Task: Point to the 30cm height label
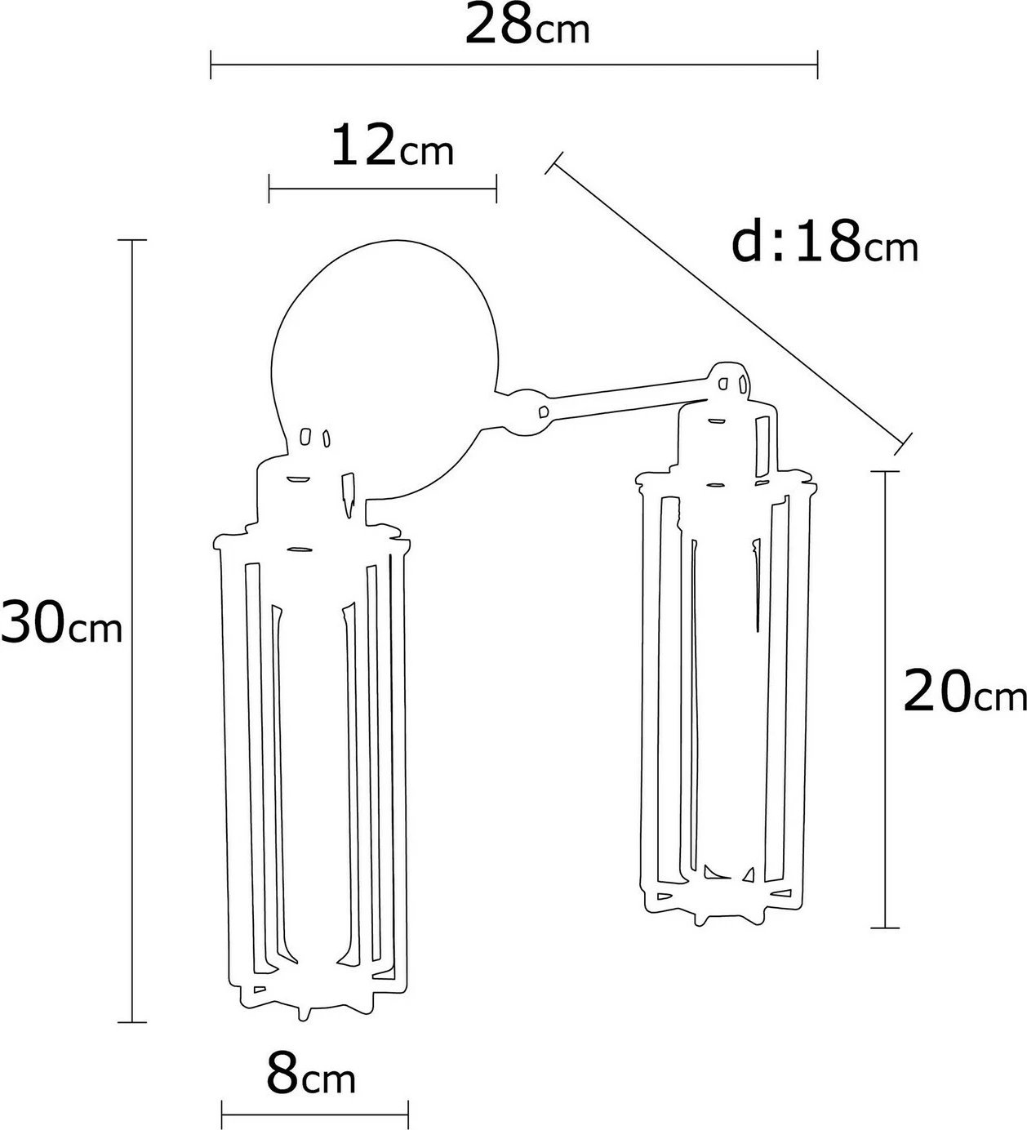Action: (x=61, y=623)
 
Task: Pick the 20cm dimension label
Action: (x=964, y=692)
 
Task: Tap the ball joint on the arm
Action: (x=528, y=412)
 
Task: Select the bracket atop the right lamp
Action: (x=728, y=383)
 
